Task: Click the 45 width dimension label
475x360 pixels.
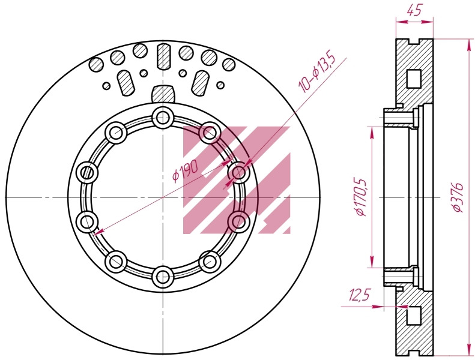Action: point(414,10)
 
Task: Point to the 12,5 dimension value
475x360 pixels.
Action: point(360,295)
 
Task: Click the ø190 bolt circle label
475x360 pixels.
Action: point(185,171)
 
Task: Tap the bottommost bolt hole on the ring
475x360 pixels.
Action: point(163,277)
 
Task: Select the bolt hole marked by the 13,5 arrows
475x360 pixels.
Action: point(240,172)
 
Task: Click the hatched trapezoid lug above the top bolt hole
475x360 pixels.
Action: point(163,94)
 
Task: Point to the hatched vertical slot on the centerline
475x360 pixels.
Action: point(163,56)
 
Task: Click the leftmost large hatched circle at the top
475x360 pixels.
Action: point(96,65)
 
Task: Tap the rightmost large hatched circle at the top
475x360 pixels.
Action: point(229,64)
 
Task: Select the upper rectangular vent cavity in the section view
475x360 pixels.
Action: point(414,79)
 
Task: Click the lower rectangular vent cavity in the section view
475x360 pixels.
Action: point(414,316)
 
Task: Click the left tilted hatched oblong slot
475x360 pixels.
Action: point(125,83)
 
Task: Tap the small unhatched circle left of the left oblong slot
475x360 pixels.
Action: point(106,86)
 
